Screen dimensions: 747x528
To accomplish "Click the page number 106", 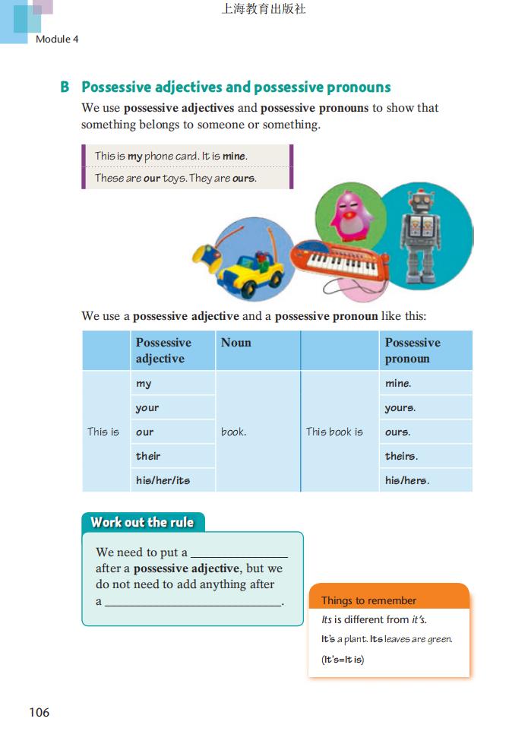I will coord(39,712).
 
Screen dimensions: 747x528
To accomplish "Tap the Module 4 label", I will coord(57,39).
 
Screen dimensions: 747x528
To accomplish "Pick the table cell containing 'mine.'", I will coord(425,384).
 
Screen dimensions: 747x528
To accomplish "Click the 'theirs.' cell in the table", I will coord(425,456).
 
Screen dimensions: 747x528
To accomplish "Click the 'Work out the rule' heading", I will coord(142,522).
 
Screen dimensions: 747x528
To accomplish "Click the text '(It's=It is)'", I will coord(343,659).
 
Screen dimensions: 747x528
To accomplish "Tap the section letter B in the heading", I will coord(65,87).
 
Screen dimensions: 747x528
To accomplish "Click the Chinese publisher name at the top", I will coord(264,10).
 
